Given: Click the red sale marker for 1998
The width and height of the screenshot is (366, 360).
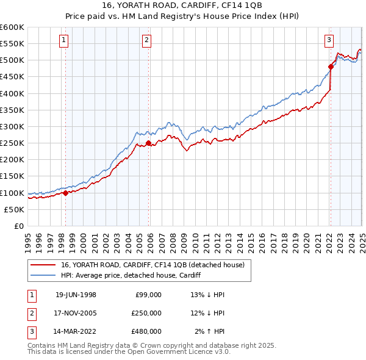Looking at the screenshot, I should click(65, 193).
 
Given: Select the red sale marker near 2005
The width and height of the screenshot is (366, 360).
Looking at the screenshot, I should click(148, 143).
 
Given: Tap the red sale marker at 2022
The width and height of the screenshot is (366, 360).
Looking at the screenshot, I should click(330, 67).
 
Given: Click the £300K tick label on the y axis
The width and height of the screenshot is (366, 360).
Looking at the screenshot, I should click(12, 126).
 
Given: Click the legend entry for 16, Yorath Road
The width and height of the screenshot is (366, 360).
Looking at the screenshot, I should click(152, 265).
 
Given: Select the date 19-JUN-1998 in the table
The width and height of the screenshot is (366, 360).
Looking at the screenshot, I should click(76, 295).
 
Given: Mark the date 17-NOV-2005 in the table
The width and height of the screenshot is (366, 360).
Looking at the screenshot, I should click(76, 313).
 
